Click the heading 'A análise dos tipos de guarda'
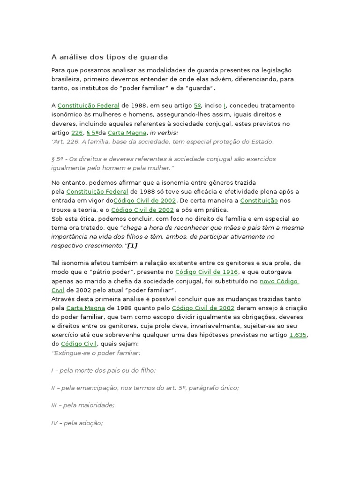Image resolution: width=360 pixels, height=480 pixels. pos(109,57)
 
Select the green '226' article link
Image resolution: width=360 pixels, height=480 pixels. pos(77,133)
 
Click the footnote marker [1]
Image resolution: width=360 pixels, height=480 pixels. pos(132,245)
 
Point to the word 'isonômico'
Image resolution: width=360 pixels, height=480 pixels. pos(66,115)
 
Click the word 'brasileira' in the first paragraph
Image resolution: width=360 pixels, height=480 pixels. pos(66,79)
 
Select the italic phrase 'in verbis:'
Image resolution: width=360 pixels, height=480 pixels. pos(164,133)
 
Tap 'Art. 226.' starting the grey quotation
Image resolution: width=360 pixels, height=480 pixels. pos(65,141)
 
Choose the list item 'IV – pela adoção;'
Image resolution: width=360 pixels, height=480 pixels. pos(77,423)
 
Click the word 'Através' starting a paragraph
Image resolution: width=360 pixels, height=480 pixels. pos(63,299)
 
